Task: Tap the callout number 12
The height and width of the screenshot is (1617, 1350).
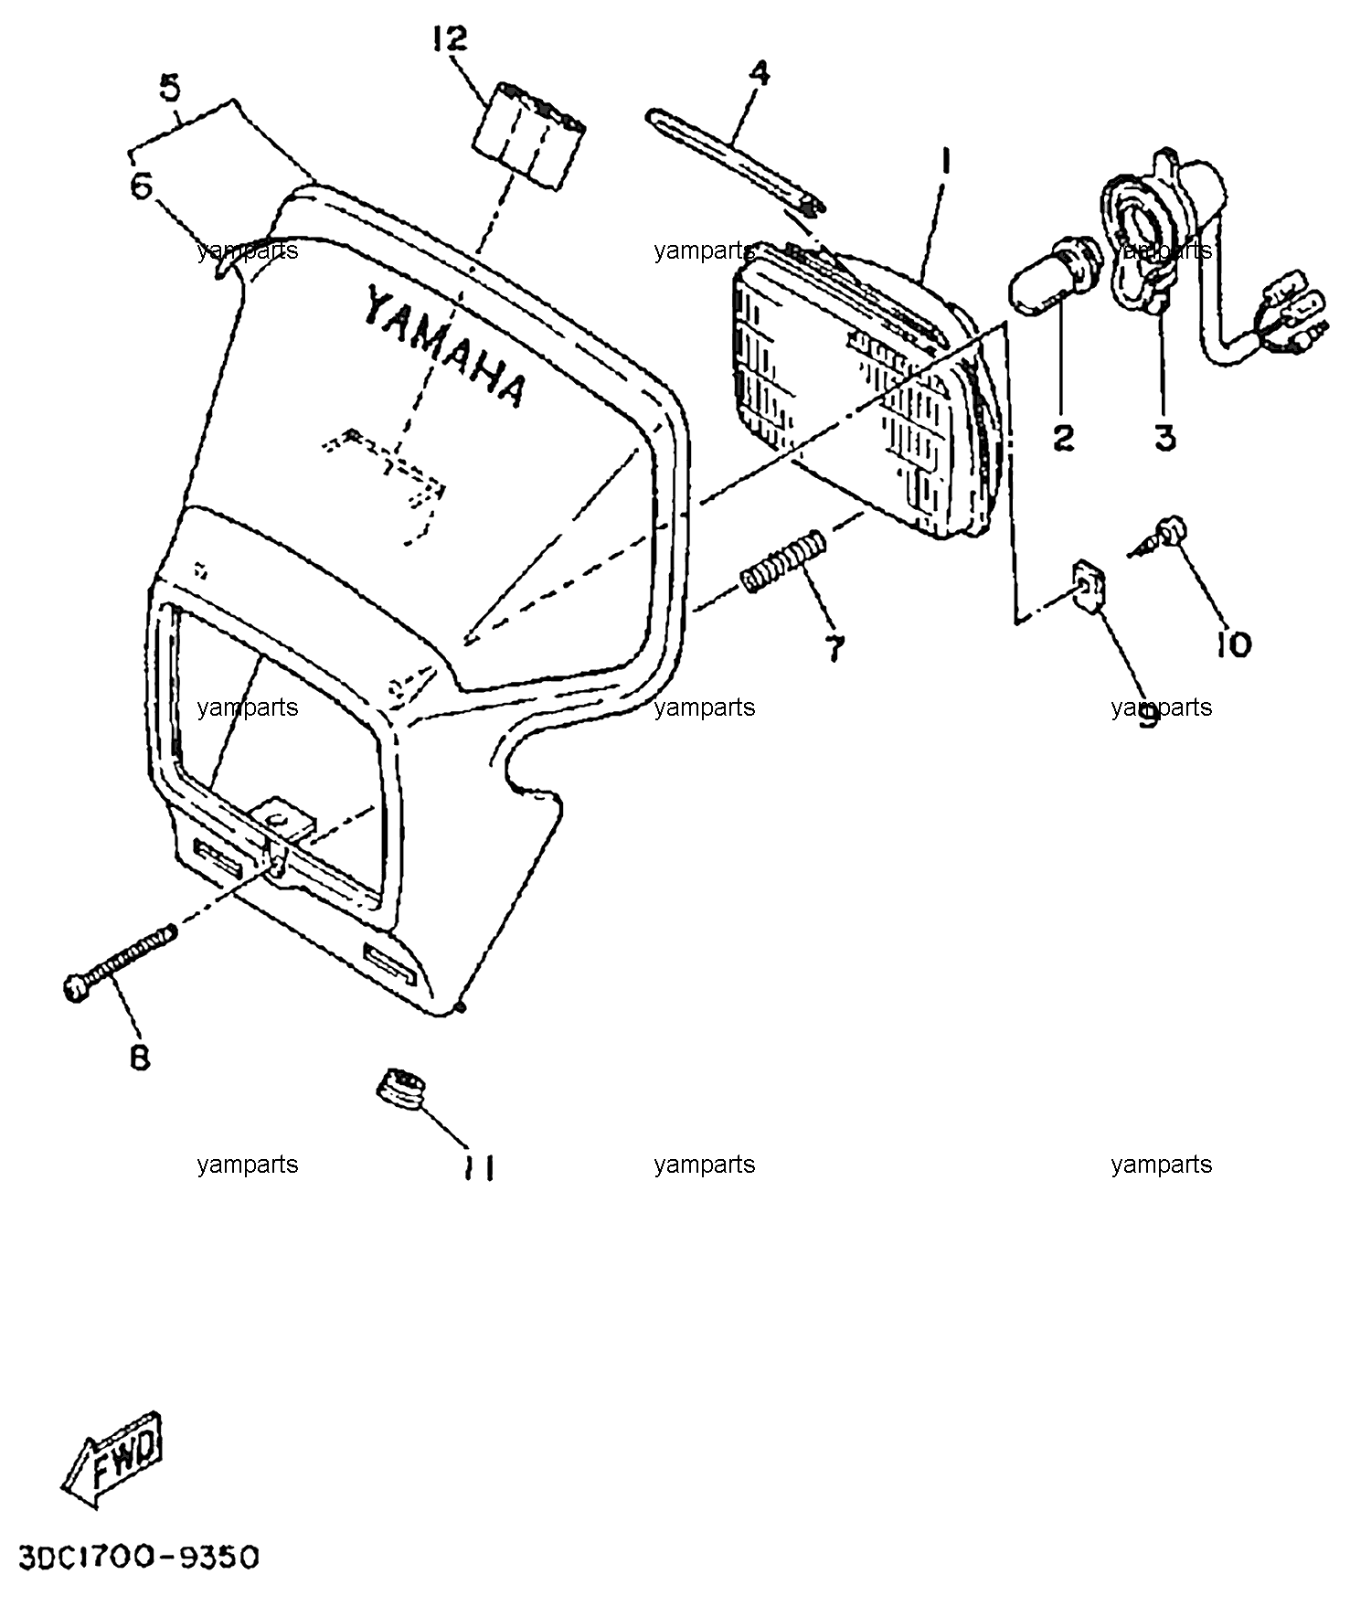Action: (451, 39)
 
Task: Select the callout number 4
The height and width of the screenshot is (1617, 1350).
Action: (759, 72)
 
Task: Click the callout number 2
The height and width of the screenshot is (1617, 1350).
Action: (1063, 438)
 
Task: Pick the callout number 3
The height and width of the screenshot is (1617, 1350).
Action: (1164, 438)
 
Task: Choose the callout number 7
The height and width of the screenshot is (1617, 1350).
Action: (835, 648)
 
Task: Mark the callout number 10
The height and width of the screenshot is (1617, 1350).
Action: (1233, 645)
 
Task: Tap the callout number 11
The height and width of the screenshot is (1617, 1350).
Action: (478, 1167)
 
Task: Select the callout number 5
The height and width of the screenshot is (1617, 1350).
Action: (170, 89)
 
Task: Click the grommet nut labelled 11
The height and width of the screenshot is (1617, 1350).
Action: (401, 1086)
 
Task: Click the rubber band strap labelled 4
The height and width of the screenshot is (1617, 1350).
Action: (736, 160)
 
